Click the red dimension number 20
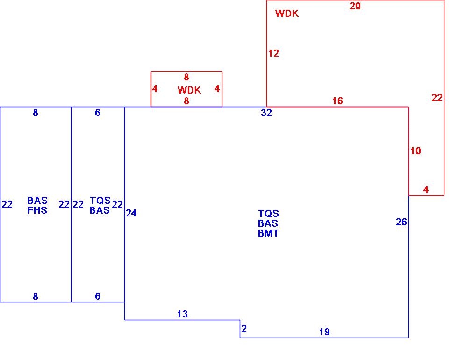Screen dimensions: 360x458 tap(355, 7)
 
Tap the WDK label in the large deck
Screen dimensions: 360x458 tap(286, 14)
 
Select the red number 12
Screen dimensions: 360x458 tap(273, 54)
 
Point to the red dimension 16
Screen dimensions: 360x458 tap(337, 101)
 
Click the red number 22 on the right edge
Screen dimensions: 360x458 tap(437, 98)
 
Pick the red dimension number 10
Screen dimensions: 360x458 tap(415, 151)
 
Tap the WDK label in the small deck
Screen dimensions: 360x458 tap(189, 90)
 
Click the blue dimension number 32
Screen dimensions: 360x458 tap(266, 113)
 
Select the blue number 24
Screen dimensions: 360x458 tap(131, 213)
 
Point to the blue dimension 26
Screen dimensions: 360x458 tap(401, 222)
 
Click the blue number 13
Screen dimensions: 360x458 tap(182, 314)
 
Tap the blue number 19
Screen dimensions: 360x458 tap(324, 332)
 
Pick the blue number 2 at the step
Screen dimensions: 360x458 tap(244, 329)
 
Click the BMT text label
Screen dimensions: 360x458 tap(268, 233)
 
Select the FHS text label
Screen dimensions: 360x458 tap(37, 210)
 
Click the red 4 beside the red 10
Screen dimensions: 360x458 tap(426, 190)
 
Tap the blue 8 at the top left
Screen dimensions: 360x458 tap(36, 113)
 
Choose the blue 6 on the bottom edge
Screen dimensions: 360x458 tap(98, 296)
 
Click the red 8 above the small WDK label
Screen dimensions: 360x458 tap(186, 78)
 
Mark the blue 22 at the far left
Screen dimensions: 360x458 tap(7, 204)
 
